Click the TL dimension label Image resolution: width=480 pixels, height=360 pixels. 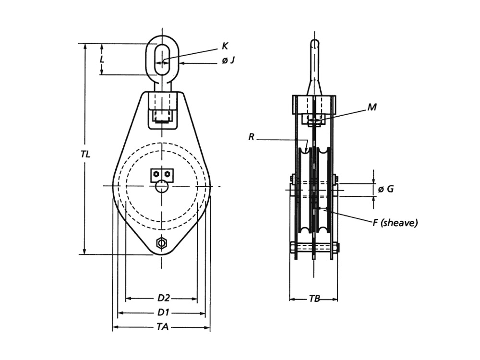pos(86,154)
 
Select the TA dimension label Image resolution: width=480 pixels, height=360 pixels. pos(163,327)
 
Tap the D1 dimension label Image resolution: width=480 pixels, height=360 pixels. pos(163,312)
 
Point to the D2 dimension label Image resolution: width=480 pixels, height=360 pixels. pos(164,298)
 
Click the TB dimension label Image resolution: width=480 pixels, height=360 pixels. pos(314,299)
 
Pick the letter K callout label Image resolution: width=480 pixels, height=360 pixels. pos(225,46)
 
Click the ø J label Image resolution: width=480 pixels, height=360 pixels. pos(228,61)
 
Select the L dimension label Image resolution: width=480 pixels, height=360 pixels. pos(102,59)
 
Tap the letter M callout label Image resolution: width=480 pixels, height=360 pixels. pos(372,107)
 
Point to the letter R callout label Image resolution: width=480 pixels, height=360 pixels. pos(252,137)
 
